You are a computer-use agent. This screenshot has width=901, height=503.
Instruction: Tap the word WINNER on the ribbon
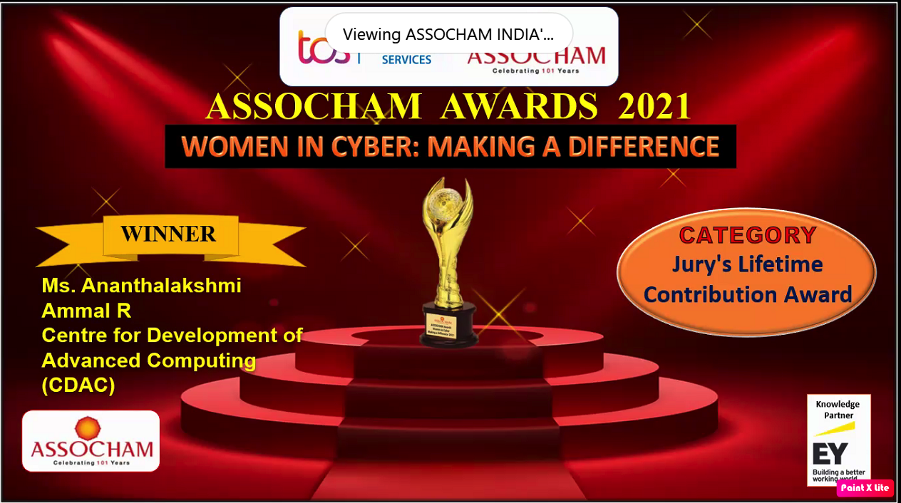pyautogui.click(x=168, y=234)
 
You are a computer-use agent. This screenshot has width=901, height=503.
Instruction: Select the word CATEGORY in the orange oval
pyautogui.click(x=747, y=235)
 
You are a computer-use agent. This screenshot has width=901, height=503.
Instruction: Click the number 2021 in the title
pyautogui.click(x=654, y=107)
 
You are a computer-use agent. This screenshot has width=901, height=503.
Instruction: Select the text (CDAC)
pyautogui.click(x=78, y=385)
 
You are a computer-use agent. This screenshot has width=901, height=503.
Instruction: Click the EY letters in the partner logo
pyautogui.click(x=830, y=453)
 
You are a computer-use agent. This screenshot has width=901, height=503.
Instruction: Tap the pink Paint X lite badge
pyautogui.click(x=865, y=488)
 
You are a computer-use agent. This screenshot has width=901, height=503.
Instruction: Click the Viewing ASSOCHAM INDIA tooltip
pyautogui.click(x=448, y=34)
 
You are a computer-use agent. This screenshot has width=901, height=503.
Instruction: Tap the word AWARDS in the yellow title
pyautogui.click(x=519, y=107)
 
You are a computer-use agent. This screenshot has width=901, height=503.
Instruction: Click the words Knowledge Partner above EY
pyautogui.click(x=838, y=410)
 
